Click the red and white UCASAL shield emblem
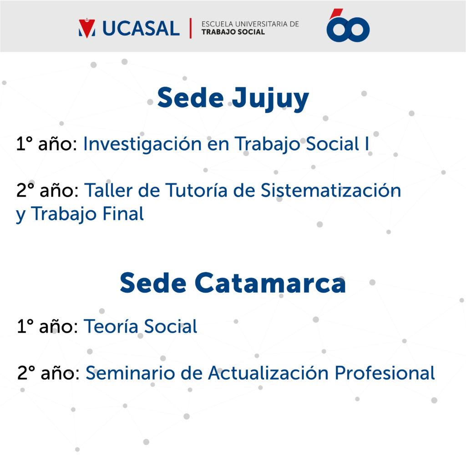click(x=87, y=29)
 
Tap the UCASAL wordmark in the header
click(x=141, y=29)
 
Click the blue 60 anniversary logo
click(x=348, y=25)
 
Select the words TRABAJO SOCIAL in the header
click(x=233, y=32)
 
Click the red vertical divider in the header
click(x=191, y=28)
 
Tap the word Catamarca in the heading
click(x=270, y=283)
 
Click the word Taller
click(x=108, y=190)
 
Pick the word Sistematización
click(x=331, y=190)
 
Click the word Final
click(x=123, y=214)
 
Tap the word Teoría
click(x=111, y=326)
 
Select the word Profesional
click(x=385, y=373)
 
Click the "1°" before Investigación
click(x=25, y=143)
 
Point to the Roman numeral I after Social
click(x=367, y=143)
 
